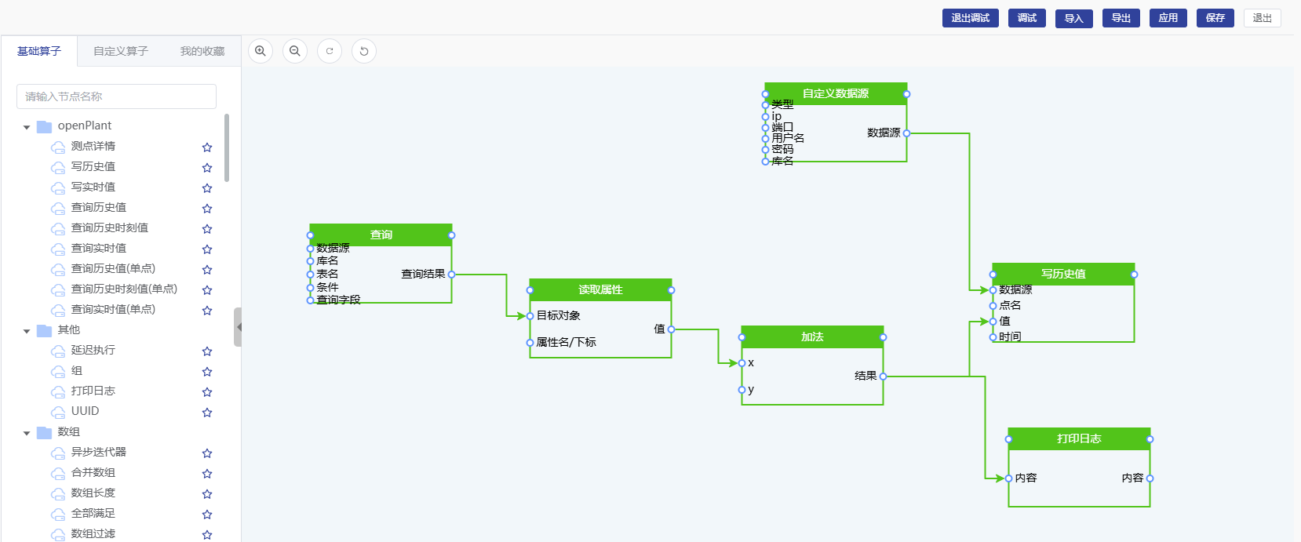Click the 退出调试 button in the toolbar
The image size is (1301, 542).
(970, 18)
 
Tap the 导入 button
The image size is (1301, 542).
(1073, 18)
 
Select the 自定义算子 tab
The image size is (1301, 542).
(121, 51)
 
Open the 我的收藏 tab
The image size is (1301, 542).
(202, 51)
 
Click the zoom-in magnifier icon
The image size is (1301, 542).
(261, 51)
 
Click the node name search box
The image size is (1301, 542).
(116, 96)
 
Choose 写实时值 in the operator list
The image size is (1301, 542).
(93, 187)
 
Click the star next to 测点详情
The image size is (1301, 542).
(207, 147)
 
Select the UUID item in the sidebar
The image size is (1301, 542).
(85, 411)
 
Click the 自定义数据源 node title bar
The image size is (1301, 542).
(835, 93)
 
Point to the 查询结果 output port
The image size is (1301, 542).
(451, 275)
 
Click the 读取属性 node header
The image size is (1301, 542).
(600, 289)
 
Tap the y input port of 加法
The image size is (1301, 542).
(742, 390)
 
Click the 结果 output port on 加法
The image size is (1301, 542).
(883, 376)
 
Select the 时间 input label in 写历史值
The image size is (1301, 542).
(1010, 336)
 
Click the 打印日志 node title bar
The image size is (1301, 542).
(1079, 438)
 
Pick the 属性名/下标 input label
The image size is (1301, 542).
(566, 342)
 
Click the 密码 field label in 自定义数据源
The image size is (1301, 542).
(782, 149)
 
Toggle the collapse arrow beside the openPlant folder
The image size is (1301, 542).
(27, 126)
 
